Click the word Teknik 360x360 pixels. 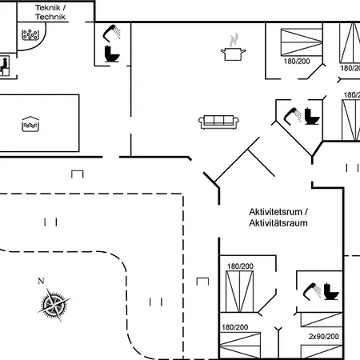[47, 7]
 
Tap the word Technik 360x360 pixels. [50, 17]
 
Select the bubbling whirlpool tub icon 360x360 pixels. [30, 34]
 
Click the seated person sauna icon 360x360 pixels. [5, 66]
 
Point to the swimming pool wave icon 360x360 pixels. [30, 124]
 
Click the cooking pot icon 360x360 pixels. [234, 54]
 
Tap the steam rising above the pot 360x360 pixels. [234, 39]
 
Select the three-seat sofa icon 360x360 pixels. [218, 122]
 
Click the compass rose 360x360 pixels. [54, 305]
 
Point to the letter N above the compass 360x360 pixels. [41, 281]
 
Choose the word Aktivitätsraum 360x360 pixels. [278, 223]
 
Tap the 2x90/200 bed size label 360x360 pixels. [324, 337]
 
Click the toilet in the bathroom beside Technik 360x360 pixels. [112, 54]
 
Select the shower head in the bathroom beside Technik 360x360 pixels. [111, 34]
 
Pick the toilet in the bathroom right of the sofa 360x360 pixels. [311, 116]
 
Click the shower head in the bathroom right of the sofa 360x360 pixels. [292, 116]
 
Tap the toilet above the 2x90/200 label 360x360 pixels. [331, 292]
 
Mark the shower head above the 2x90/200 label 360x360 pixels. [312, 291]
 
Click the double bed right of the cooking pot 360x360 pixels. [302, 42]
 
